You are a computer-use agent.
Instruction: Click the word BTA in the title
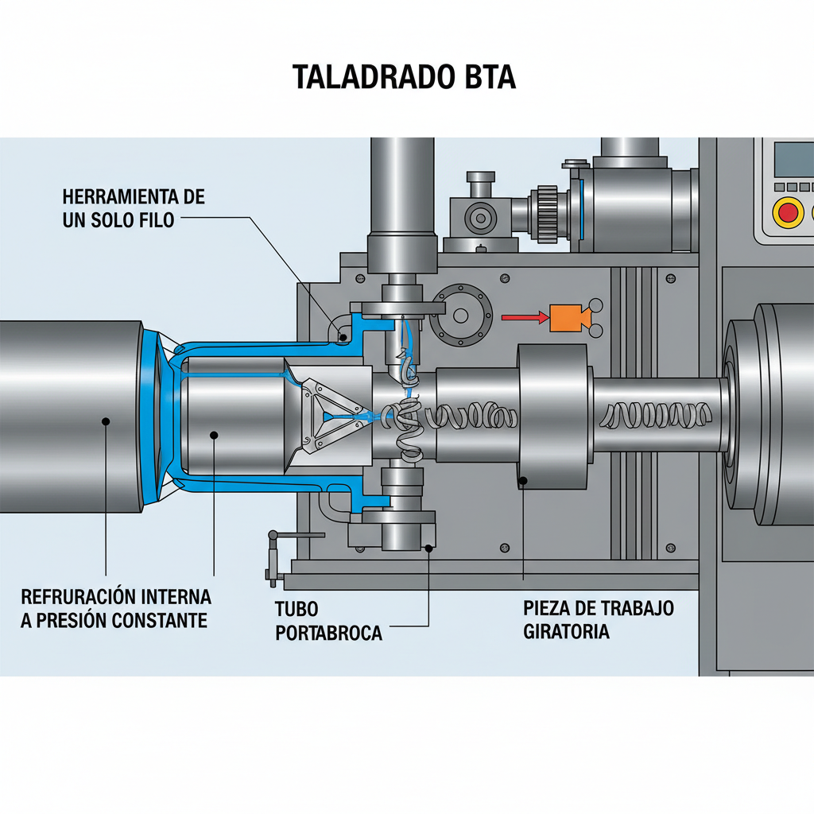tap(487, 77)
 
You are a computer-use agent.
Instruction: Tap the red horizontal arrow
tap(525, 318)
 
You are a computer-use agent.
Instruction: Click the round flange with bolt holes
tap(461, 315)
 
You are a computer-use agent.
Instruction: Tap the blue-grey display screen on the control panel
tap(793, 160)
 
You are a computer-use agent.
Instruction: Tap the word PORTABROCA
tap(328, 634)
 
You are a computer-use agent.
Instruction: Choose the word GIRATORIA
tap(566, 632)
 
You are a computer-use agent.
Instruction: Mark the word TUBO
tap(297, 610)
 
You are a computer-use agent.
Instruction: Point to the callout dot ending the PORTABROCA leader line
tap(428, 546)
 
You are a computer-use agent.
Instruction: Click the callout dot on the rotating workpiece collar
tap(524, 479)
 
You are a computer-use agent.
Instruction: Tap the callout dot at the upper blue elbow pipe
tap(343, 336)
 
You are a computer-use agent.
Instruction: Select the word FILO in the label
tap(153, 220)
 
